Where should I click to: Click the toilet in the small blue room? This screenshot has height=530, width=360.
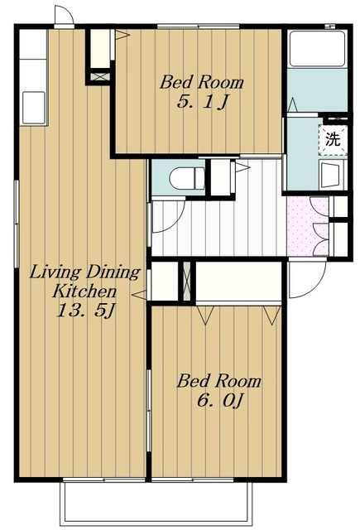186,178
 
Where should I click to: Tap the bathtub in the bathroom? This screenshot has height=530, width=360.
318,49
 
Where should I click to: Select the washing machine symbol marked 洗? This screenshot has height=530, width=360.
333,140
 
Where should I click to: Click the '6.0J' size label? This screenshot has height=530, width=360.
219,401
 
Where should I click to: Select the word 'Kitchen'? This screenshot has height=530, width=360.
84,291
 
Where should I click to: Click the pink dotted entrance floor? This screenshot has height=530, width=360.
307,226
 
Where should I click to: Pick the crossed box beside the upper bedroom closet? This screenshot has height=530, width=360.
100,76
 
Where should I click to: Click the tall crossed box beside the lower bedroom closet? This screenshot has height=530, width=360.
187,281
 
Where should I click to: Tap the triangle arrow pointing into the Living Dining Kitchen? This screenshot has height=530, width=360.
139,295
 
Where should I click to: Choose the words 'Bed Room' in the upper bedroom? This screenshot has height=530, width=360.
202,82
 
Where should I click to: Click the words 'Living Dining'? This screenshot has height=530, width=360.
84,272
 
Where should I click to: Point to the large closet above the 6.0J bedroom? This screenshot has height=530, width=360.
238,281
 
